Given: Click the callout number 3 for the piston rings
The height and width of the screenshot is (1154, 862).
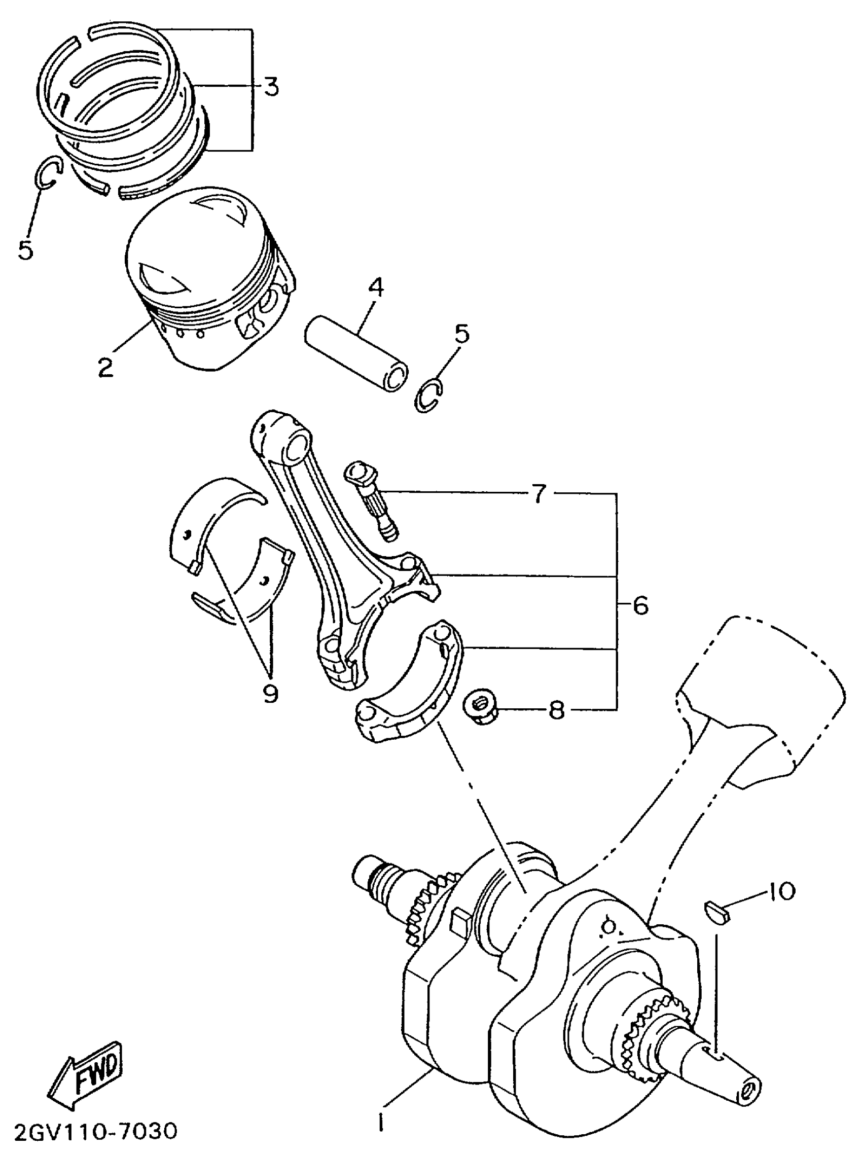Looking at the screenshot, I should point(270,87).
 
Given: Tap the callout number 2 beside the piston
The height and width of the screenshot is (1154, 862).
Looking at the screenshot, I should point(106,367).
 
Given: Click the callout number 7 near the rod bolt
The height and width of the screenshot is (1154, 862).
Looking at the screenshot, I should point(538,492).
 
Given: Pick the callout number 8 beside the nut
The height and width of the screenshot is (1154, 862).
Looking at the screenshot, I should point(557,709).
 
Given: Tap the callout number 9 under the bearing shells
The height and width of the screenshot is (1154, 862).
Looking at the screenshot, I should point(270,693).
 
